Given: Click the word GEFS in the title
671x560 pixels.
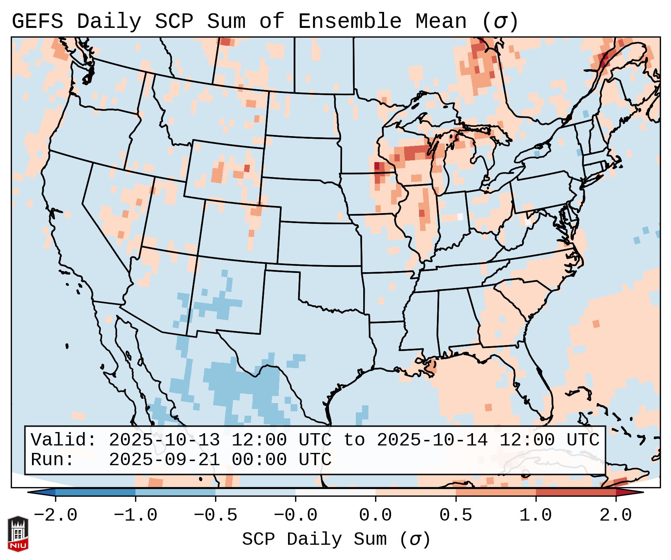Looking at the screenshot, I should tap(37, 22).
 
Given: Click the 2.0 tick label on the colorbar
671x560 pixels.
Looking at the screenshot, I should tap(616, 515).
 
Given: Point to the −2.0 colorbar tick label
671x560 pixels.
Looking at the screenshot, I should tap(55, 515).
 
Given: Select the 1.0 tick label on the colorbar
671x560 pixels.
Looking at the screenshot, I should tap(536, 515).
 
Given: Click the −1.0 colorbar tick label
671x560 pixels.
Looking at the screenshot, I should tap(135, 515).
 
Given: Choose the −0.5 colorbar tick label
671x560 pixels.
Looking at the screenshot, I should tap(215, 515).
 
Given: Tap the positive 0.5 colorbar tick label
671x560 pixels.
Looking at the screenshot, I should tap(456, 515).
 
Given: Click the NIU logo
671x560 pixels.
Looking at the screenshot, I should tap(18, 534).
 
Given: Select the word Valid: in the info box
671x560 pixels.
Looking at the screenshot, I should tap(64, 440).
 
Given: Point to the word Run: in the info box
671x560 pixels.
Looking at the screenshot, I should tap(52, 460).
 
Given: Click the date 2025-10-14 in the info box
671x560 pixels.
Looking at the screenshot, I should tap(432, 440).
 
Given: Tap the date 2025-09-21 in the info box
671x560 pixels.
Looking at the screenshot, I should tap(164, 460).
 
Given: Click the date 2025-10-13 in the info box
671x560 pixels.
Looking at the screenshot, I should tap(164, 440).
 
